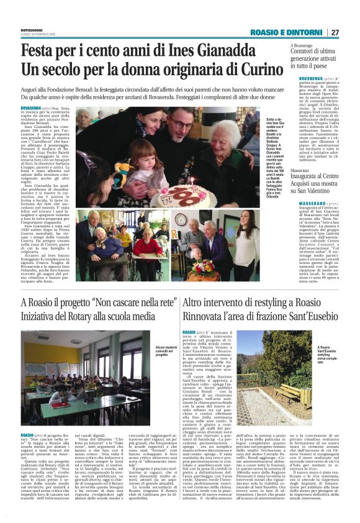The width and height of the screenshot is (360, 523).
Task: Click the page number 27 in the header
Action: point(352,32)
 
